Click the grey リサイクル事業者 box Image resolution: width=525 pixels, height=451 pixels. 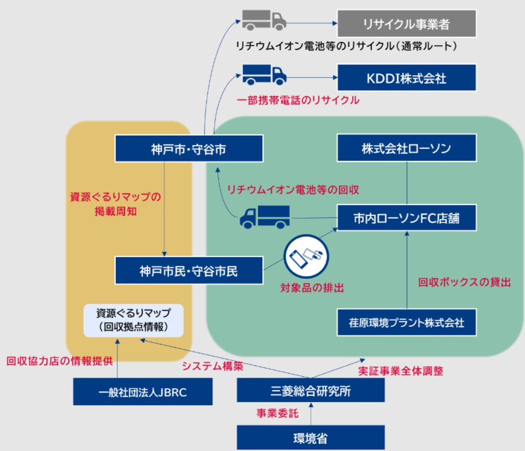(407, 23)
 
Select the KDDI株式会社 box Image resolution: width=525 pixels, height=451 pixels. (407, 78)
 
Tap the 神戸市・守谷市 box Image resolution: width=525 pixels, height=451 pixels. (189, 149)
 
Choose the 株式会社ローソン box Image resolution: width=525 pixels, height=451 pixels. (407, 148)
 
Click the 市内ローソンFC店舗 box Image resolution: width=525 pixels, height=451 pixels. (407, 219)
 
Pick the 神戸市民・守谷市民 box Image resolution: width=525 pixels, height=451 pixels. (189, 271)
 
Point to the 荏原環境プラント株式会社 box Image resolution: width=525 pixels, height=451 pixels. (407, 323)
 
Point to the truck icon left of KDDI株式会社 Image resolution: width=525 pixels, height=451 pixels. (264, 75)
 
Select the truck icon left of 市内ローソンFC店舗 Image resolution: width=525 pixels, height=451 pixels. (264, 216)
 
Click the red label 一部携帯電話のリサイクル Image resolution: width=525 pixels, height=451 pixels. (298, 101)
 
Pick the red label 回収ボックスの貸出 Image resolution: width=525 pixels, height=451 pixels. (465, 283)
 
